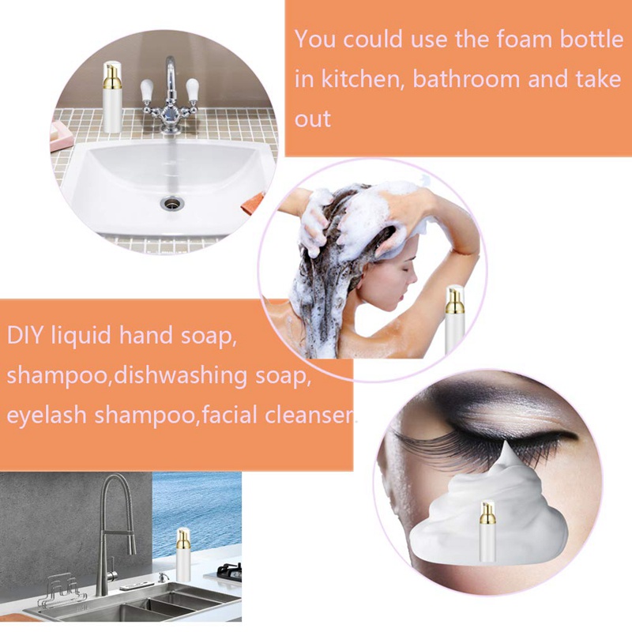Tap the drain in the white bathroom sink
click(x=169, y=203)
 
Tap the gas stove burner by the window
click(x=228, y=569)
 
